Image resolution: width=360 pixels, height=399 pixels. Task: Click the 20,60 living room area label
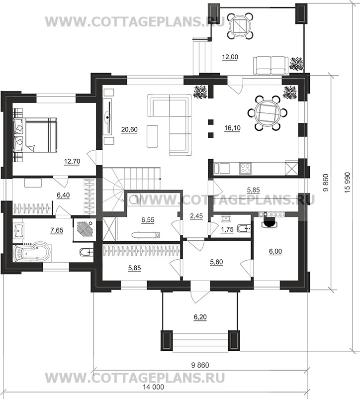pos(129,129)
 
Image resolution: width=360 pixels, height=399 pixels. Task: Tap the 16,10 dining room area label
pos(232,128)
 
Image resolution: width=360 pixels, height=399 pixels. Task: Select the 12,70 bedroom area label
pos(72,161)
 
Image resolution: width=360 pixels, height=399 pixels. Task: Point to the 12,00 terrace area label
pos(230,57)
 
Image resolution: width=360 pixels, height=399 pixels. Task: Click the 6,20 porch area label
pos(200,317)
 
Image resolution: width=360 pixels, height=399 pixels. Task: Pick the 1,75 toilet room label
pos(227,229)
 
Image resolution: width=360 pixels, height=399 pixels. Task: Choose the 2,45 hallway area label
pos(196,216)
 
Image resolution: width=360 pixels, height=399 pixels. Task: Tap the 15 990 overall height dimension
pos(347,182)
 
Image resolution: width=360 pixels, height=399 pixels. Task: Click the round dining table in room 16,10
pos(268,113)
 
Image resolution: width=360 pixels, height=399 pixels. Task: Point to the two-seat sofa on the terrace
pos(271,65)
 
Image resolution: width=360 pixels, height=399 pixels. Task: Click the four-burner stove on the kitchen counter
pos(245,169)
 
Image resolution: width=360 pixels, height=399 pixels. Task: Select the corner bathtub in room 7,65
pos(32,253)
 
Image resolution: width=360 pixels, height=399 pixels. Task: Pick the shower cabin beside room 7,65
pos(85,229)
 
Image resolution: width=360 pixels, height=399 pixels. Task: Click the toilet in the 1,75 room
pos(244,228)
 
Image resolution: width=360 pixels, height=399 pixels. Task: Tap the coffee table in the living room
pos(152,136)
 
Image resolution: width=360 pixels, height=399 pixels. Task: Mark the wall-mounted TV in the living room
pos(109,117)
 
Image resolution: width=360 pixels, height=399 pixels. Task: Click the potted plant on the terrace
pos(296,63)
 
